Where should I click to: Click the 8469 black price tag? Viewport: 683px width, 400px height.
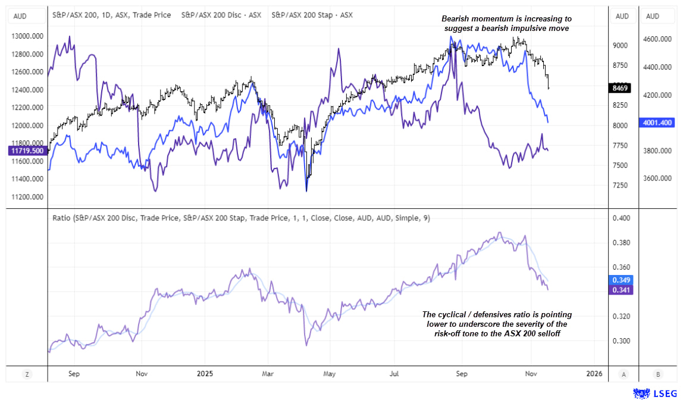621,89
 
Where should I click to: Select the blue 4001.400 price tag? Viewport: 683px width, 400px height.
657,123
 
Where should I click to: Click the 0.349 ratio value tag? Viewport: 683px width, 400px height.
621,280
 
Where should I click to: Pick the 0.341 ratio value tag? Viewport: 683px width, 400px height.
621,290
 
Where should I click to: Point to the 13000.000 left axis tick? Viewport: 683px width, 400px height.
28,36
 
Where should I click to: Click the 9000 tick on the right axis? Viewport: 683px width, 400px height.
621,45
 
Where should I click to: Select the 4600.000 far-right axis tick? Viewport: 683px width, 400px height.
657,39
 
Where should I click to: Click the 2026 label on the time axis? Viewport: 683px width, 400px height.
593,374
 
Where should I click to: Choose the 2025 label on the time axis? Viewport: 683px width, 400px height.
205,374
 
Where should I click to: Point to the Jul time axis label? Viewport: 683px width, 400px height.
394,374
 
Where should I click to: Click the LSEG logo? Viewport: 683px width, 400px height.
653,393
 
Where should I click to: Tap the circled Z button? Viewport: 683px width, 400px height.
26,374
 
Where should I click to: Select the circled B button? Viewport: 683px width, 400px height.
657,374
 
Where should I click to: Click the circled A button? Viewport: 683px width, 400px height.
622,374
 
